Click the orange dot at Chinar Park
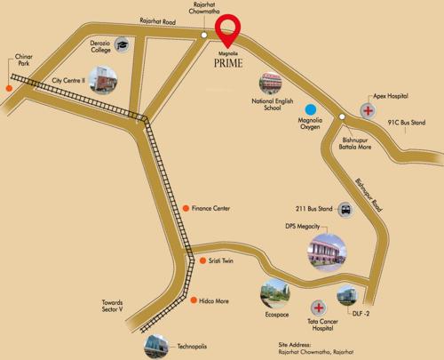tap(10, 88)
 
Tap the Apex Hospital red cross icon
tap(367, 112)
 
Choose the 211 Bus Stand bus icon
tap(345, 211)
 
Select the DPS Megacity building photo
tap(325, 252)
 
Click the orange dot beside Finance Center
tap(186, 208)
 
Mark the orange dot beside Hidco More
tap(193, 300)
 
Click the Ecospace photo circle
tap(274, 292)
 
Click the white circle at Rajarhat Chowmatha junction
tap(204, 35)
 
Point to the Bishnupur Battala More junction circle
tap(342, 116)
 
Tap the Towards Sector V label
tap(118, 308)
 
